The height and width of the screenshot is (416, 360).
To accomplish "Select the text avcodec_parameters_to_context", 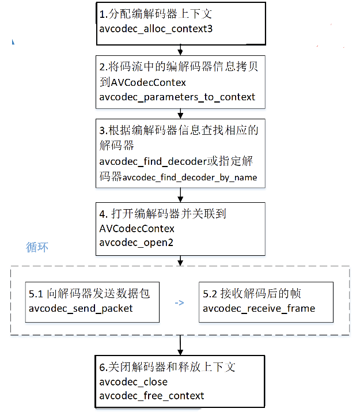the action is coord(177,97).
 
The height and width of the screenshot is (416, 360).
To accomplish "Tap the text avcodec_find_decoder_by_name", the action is coord(190,177).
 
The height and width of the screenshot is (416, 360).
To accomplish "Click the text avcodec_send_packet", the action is coord(81,308).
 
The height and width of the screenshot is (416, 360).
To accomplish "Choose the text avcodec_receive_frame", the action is coord(259,308).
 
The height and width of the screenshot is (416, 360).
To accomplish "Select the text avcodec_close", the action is coord(133,382).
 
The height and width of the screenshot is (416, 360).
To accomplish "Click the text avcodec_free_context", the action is coord(151,396).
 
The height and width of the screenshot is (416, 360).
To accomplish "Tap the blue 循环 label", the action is coord(37,247).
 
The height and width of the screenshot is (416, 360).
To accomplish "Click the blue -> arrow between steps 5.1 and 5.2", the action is coord(179,302).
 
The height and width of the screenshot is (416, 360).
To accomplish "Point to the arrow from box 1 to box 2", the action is coord(180,50).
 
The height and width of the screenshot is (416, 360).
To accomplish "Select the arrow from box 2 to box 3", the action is coord(180,113).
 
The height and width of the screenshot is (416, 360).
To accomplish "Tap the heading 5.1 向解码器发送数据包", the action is coord(89,294).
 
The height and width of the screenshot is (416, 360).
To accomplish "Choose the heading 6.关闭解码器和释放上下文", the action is coord(167,368).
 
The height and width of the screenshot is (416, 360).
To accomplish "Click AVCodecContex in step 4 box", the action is coord(137,228).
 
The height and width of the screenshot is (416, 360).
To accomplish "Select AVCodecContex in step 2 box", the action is coord(142,83).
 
